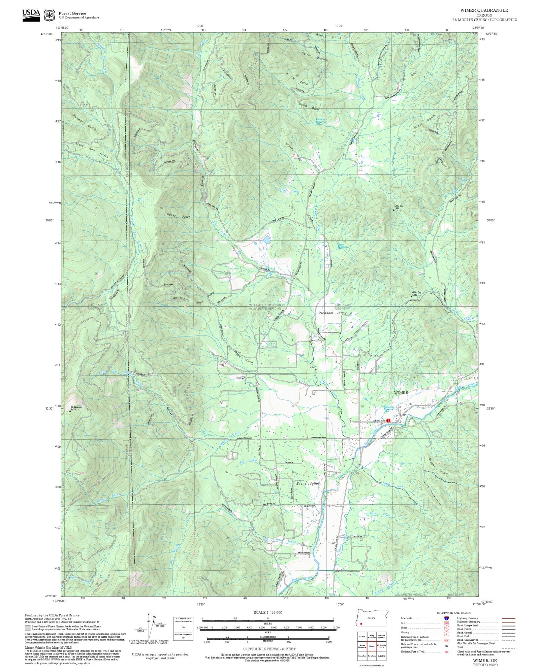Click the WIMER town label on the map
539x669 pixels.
click(x=401, y=393)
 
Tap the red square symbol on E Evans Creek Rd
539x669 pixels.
click(x=388, y=420)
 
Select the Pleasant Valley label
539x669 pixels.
click(x=332, y=313)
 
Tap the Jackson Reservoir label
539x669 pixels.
click(x=321, y=120)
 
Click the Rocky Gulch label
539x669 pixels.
click(x=179, y=216)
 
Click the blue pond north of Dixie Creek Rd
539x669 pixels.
click(x=266, y=240)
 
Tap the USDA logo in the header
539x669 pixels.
click(x=31, y=15)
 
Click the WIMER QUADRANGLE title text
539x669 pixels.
click(x=484, y=10)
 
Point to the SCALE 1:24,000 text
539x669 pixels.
click(x=268, y=612)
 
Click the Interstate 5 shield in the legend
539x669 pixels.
click(x=446, y=618)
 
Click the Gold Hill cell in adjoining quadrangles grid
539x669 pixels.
click(x=381, y=656)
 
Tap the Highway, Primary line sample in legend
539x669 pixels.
click(x=508, y=618)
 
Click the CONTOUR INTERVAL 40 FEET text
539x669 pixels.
click(x=269, y=648)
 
